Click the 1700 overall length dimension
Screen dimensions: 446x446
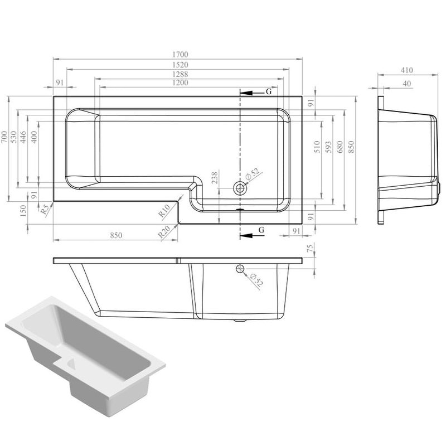[x=180, y=55]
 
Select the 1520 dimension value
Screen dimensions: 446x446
[x=180, y=65]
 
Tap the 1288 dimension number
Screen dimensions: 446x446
[x=180, y=75]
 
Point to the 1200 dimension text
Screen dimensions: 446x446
[x=180, y=83]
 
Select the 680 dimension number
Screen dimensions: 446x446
[x=340, y=149]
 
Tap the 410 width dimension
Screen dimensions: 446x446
[x=406, y=70]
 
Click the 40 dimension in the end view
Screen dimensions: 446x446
[x=406, y=84]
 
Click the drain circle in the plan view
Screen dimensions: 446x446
[x=240, y=187]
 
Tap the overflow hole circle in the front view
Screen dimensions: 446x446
[x=240, y=269]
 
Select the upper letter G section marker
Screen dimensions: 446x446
[x=268, y=91]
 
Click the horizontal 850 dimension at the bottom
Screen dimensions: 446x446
[x=115, y=236]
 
